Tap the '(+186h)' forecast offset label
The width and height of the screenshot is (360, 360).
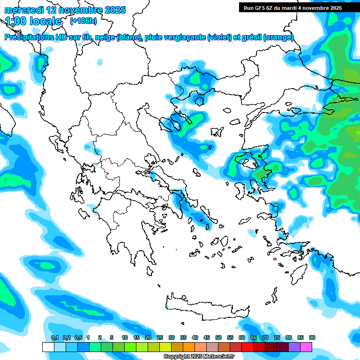click(83, 21)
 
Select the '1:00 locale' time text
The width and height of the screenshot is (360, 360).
click(34, 21)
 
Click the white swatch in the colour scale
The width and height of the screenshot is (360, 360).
click(48, 347)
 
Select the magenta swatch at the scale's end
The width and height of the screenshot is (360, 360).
click(306, 347)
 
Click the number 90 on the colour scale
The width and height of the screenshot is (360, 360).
click(312, 338)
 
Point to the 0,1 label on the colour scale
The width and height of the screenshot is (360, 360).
click(54, 338)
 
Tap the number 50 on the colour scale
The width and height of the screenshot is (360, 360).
click(218, 338)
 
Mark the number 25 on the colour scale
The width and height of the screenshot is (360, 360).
click(160, 338)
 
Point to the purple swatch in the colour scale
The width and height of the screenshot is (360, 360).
click(294, 347)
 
